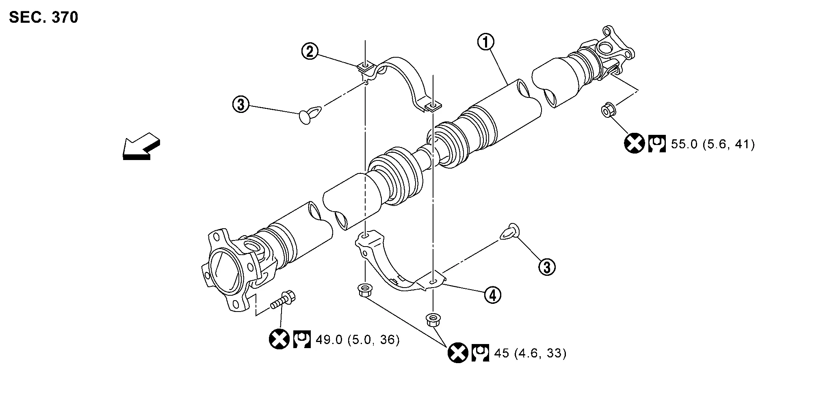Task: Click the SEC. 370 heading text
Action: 43,17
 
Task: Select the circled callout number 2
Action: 310,52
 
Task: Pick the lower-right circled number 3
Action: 547,267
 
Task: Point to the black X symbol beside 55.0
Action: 634,143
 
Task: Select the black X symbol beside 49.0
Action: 279,339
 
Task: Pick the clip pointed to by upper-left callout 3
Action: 310,115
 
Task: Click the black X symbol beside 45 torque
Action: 458,353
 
